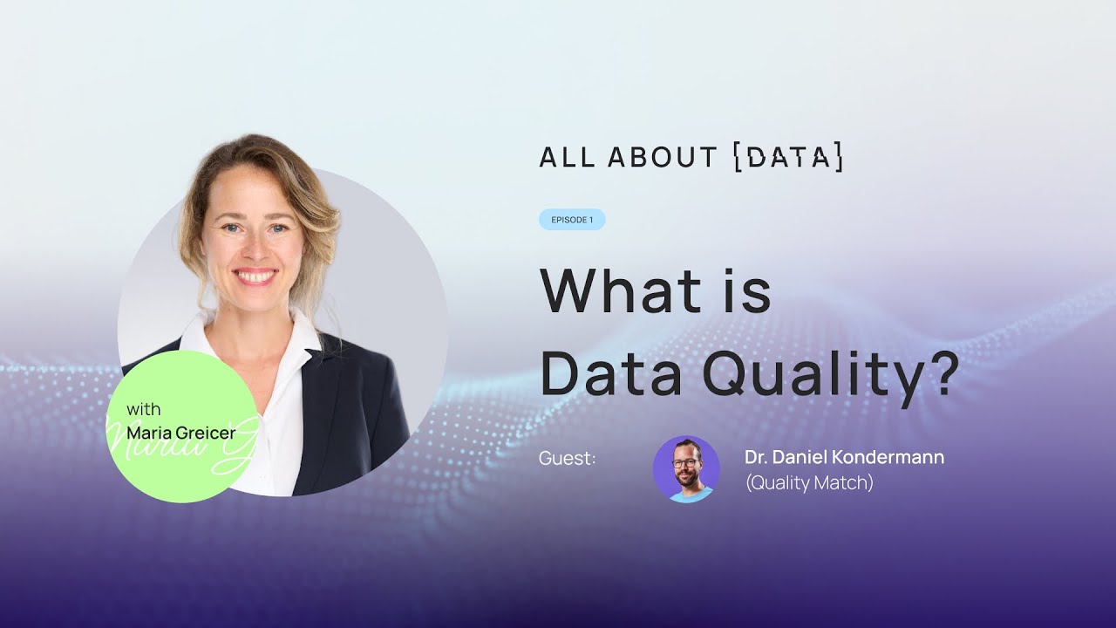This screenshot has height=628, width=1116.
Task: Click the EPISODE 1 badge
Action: click(572, 220)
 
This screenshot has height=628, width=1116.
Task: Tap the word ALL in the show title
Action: click(567, 157)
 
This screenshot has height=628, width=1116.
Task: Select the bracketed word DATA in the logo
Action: click(789, 157)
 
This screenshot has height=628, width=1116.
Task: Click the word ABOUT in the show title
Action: click(662, 157)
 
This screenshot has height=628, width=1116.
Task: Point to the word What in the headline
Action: click(622, 290)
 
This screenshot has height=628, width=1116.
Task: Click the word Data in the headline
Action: click(611, 373)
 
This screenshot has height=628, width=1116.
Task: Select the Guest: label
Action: click(567, 458)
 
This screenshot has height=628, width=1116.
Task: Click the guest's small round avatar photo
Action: click(686, 469)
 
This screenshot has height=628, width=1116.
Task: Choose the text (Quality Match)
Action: click(809, 483)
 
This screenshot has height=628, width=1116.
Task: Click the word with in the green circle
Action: click(144, 410)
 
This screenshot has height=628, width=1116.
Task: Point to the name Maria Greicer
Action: click(180, 433)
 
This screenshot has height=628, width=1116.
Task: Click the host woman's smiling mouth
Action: click(255, 276)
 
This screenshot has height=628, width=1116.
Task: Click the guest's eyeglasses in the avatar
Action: click(685, 463)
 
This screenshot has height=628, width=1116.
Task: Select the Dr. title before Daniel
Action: click(756, 457)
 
